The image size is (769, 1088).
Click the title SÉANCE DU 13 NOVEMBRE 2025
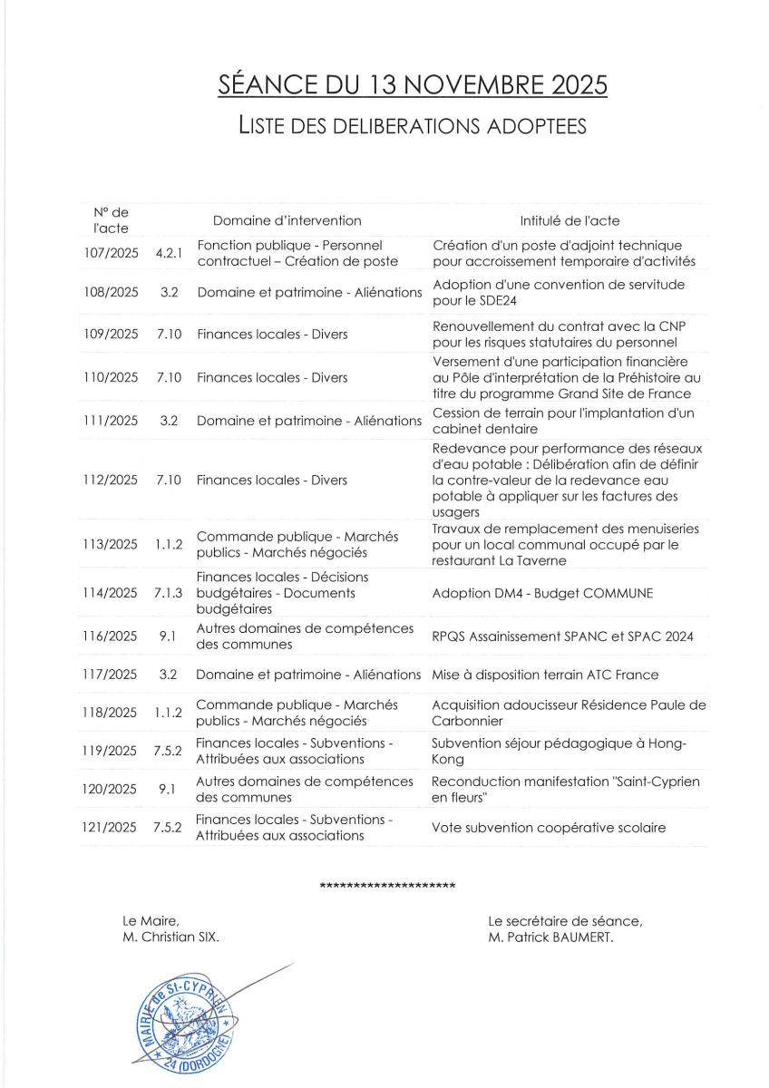[x=413, y=85]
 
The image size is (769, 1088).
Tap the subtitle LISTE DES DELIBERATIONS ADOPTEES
[x=413, y=124]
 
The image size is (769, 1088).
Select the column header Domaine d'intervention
[x=287, y=220]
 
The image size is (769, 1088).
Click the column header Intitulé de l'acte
[x=569, y=220]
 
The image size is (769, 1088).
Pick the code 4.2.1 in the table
[x=169, y=253]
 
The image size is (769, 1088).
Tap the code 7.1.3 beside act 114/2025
[x=169, y=592]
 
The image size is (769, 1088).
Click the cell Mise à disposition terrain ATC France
[x=544, y=675]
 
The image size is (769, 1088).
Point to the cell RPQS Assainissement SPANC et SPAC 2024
[x=562, y=636]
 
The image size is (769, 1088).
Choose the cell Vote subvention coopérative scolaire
[x=549, y=827]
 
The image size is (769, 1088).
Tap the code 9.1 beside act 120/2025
[x=166, y=789]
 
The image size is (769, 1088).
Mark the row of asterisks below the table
[x=388, y=885]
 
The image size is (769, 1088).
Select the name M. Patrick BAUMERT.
[x=550, y=937]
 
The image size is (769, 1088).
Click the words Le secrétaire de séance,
[x=565, y=921]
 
